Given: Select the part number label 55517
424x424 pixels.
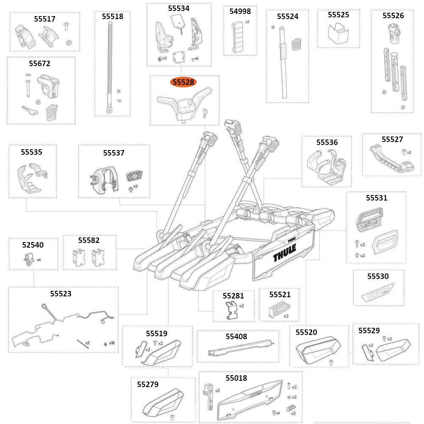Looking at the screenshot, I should tap(45, 19).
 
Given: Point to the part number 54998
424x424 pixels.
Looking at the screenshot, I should tap(240, 11).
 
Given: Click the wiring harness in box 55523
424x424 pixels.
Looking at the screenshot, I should tap(59, 324).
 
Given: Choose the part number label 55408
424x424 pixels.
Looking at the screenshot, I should tap(236, 336).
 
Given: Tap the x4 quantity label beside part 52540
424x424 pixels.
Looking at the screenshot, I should tap(39, 259).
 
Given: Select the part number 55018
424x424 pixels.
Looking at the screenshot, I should tap(236, 378).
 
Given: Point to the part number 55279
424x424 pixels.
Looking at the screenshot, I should tap(148, 384).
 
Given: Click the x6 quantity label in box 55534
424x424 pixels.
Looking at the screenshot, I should tap(196, 58).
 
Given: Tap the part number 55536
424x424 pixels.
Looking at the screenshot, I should tap(327, 142).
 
